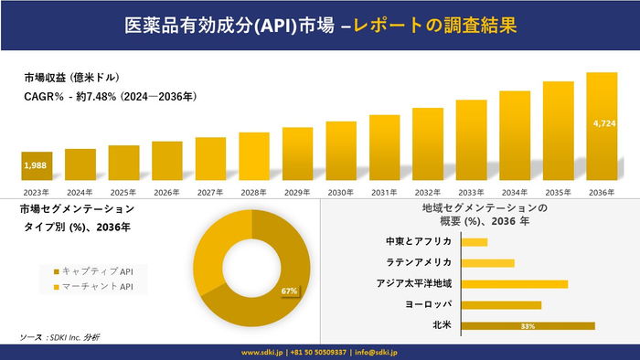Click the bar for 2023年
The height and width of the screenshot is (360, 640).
click(x=37, y=165)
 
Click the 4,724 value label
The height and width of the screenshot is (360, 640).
click(x=603, y=122)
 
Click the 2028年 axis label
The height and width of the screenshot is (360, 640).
click(x=253, y=193)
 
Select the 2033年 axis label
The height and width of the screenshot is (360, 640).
click(x=471, y=193)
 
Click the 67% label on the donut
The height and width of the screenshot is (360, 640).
click(x=290, y=291)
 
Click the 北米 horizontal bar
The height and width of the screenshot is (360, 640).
click(x=528, y=325)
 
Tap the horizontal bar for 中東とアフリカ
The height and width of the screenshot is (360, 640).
click(x=475, y=242)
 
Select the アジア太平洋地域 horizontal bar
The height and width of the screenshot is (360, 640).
click(x=515, y=283)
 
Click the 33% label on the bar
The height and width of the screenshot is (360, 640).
click(x=528, y=326)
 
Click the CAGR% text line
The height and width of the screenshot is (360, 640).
click(x=111, y=96)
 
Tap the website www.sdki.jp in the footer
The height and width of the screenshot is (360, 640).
click(x=263, y=352)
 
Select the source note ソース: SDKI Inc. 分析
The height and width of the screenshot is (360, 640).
click(x=60, y=337)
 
